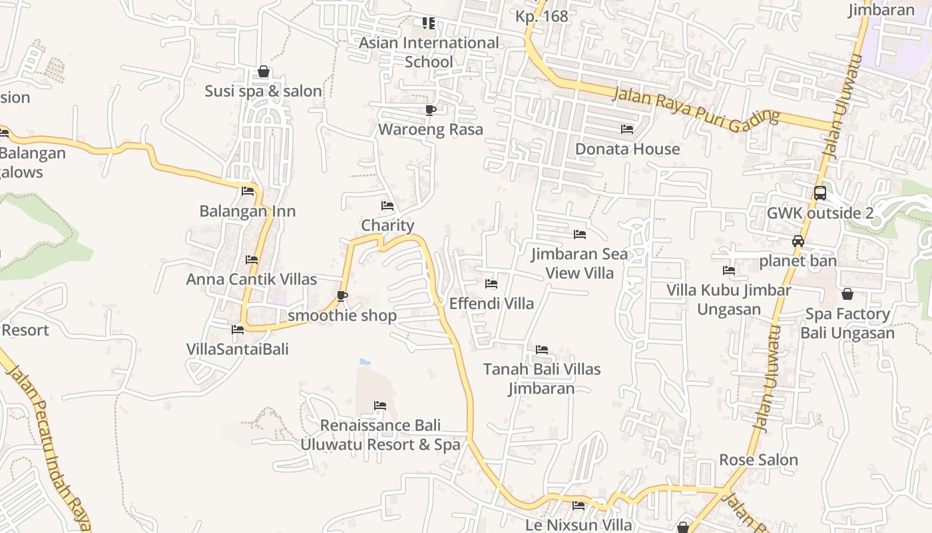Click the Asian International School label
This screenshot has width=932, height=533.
click(429, 52)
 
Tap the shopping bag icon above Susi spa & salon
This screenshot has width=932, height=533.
click(264, 71)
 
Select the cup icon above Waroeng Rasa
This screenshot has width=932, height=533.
click(430, 110)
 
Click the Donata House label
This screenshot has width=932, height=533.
click(627, 149)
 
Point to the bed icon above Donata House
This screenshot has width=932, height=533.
click(626, 129)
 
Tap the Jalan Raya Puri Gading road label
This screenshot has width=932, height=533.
click(696, 107)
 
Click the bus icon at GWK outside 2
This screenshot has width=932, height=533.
click(820, 193)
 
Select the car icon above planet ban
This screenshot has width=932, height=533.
click(798, 241)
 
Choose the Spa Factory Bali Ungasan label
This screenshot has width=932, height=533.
click(847, 323)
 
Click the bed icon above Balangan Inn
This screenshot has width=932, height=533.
click(248, 191)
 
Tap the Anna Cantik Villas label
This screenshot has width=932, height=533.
click(252, 279)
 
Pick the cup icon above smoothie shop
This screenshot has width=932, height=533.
click(342, 296)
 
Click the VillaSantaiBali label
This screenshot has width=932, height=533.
click(238, 348)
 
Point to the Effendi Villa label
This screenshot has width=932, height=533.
click(491, 303)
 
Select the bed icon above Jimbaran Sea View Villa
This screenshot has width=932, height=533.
click(580, 235)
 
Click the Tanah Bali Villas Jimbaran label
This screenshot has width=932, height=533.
click(542, 378)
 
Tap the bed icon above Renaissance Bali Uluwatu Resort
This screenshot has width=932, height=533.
click(380, 405)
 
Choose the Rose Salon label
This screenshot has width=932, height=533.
click(758, 460)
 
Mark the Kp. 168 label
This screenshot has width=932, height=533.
click(542, 16)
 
